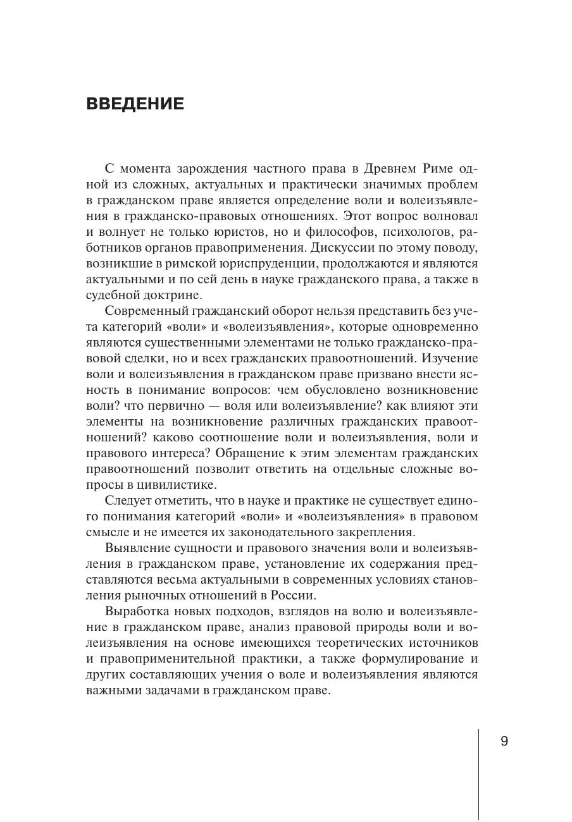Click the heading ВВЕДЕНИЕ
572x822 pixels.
tap(135, 104)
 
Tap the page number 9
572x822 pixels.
tap(504, 742)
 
